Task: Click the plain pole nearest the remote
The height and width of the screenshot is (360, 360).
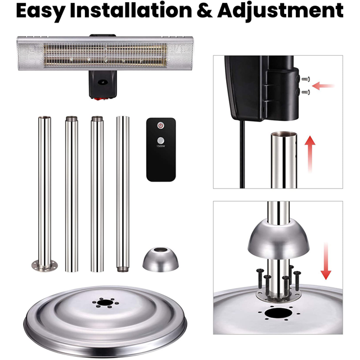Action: [123, 191]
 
